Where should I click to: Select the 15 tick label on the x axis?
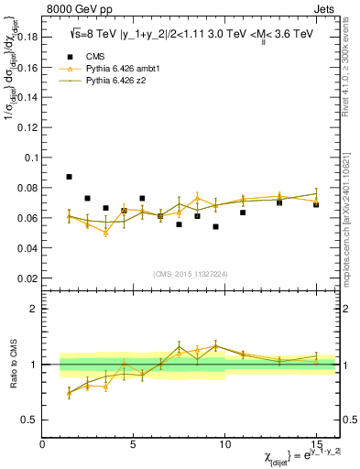[x=316, y=444]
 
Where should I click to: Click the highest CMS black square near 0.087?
[x=70, y=176]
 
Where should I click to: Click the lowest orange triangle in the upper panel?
[x=106, y=233]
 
